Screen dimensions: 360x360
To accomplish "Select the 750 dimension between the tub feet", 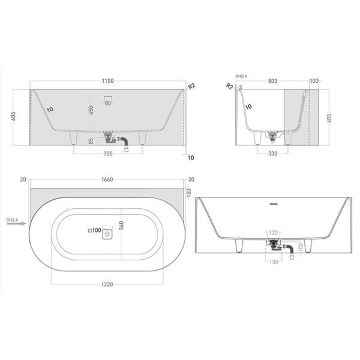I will tap(107, 154).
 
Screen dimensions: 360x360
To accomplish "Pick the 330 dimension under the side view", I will tap(274, 154).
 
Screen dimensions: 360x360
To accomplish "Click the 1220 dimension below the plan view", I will tap(107, 283).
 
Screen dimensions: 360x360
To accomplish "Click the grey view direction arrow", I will tap(22, 223).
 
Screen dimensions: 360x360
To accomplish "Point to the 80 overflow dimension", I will tap(108, 103).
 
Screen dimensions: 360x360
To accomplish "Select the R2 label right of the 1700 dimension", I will tap(192, 86).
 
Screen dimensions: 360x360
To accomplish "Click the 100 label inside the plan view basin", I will tap(95, 231).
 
